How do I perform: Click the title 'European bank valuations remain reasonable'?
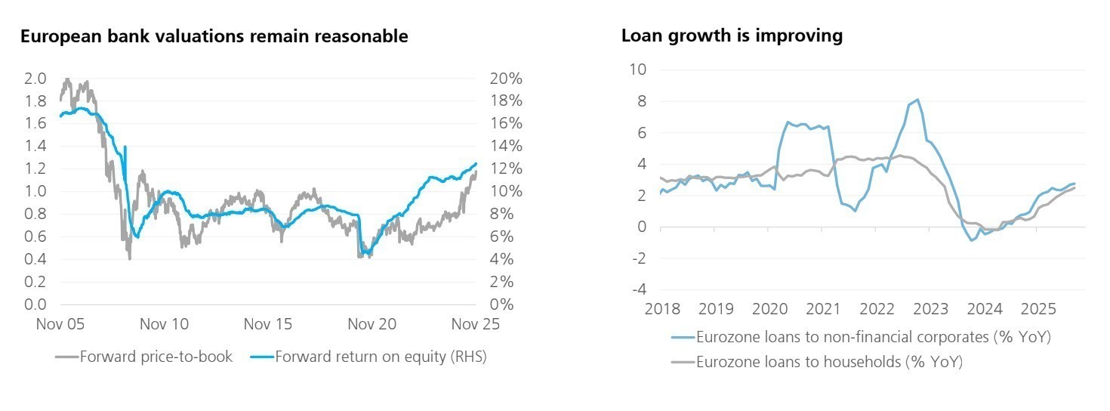pyautogui.click(x=214, y=36)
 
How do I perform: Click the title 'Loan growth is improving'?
pyautogui.click(x=732, y=36)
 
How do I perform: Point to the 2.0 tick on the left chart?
pyautogui.click(x=36, y=79)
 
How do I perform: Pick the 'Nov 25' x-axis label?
pyautogui.click(x=476, y=324)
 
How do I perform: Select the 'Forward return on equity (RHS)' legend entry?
pyautogui.click(x=381, y=357)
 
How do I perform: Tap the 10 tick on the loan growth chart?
pyautogui.click(x=639, y=70)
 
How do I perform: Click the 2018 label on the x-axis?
pyautogui.click(x=662, y=309)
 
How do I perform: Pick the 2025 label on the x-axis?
pyautogui.click(x=1038, y=309)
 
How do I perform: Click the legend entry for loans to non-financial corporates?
pyautogui.click(x=874, y=337)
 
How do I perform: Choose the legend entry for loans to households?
pyautogui.click(x=829, y=362)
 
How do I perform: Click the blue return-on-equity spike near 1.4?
pyautogui.click(x=125, y=147)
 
